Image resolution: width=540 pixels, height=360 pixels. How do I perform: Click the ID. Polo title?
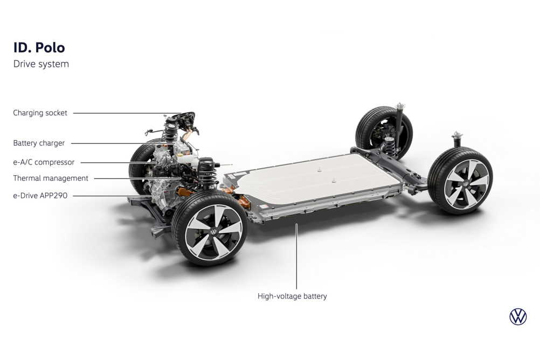tap(39, 47)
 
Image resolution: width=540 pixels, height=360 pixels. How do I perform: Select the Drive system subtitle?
tap(41, 64)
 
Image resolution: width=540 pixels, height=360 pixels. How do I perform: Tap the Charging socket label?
tap(40, 113)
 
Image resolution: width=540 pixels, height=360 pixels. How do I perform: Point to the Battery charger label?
tap(39, 143)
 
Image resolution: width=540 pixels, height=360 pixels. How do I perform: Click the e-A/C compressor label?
tap(44, 162)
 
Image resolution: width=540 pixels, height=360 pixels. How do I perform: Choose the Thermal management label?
tap(51, 178)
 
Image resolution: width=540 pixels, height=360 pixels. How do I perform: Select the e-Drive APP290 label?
tap(40, 196)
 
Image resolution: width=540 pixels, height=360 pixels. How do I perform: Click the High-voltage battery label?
tap(292, 296)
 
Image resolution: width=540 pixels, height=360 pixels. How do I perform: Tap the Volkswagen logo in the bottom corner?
tap(518, 316)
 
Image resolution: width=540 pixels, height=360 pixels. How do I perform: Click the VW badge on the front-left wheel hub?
tap(213, 232)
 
